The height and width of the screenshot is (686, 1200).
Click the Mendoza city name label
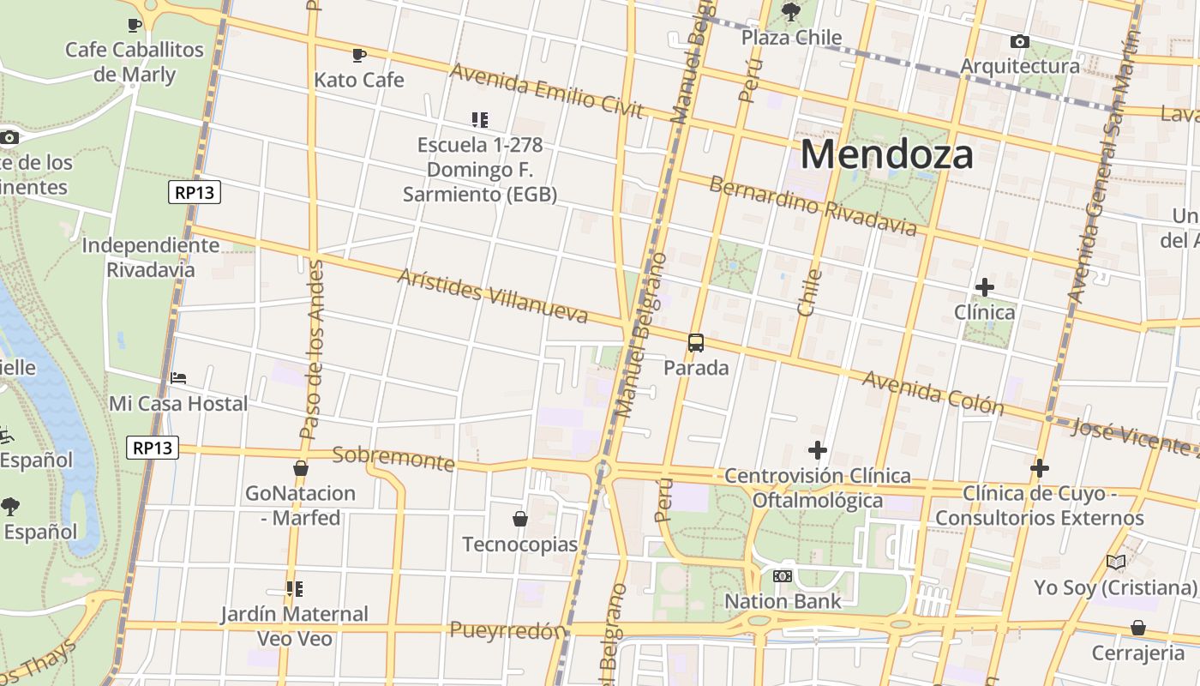tap(886, 155)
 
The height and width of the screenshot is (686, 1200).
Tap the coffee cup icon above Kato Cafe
tap(359, 56)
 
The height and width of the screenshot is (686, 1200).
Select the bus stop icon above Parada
tap(696, 343)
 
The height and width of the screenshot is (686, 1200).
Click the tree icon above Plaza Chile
tap(791, 12)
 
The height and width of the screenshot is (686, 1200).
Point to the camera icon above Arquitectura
tap(1019, 41)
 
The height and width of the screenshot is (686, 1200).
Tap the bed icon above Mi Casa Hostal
tap(178, 377)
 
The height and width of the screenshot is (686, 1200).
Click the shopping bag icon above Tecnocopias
tap(519, 519)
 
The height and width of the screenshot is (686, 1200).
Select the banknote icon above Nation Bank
tap(783, 576)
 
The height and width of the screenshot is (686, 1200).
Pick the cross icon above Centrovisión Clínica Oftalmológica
tap(818, 449)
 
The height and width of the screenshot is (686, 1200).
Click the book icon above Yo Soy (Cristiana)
tap(1115, 563)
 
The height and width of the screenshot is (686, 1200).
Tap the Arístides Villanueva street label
tap(493, 296)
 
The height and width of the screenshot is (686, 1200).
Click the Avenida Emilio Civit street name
tap(546, 89)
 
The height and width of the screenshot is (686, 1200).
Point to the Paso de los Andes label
tap(312, 349)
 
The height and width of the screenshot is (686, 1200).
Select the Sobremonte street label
tap(393, 459)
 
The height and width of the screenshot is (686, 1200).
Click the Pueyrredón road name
tap(507, 631)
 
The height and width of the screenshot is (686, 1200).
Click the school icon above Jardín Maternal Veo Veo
tap(294, 589)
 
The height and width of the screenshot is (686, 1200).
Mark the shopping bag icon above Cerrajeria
tap(1137, 628)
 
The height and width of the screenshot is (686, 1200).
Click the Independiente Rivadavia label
tap(151, 257)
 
